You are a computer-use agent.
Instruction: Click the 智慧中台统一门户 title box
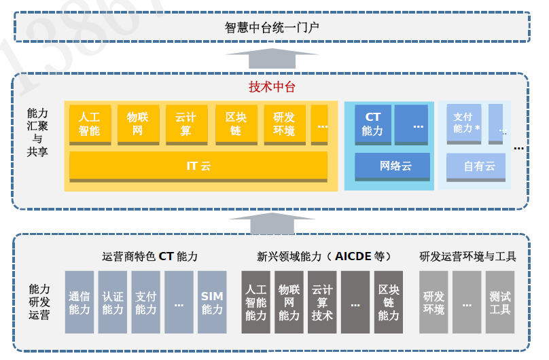coord(272,28)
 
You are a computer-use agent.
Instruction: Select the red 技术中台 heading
coord(272,87)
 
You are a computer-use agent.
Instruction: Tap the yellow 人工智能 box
coord(89,124)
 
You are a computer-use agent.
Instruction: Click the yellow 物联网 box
coord(138,124)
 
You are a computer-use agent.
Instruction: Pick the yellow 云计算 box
coord(186,124)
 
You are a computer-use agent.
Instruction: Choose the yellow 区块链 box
coord(235,124)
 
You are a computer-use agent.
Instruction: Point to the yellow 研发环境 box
coord(284,124)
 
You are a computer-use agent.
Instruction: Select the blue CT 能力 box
coord(372,124)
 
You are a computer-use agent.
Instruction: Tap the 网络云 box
coord(392,166)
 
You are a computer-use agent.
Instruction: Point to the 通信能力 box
coord(79,302)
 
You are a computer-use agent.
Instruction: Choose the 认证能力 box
coord(113,302)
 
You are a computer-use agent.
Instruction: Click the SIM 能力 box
coord(212,302)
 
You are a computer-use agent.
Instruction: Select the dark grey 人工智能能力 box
coord(255,302)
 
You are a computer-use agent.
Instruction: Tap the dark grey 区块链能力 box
coord(389,302)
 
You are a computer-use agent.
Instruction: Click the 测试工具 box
coord(500,302)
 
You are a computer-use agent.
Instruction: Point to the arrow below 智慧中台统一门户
coord(272,58)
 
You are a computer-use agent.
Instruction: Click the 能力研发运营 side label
coord(39,302)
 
